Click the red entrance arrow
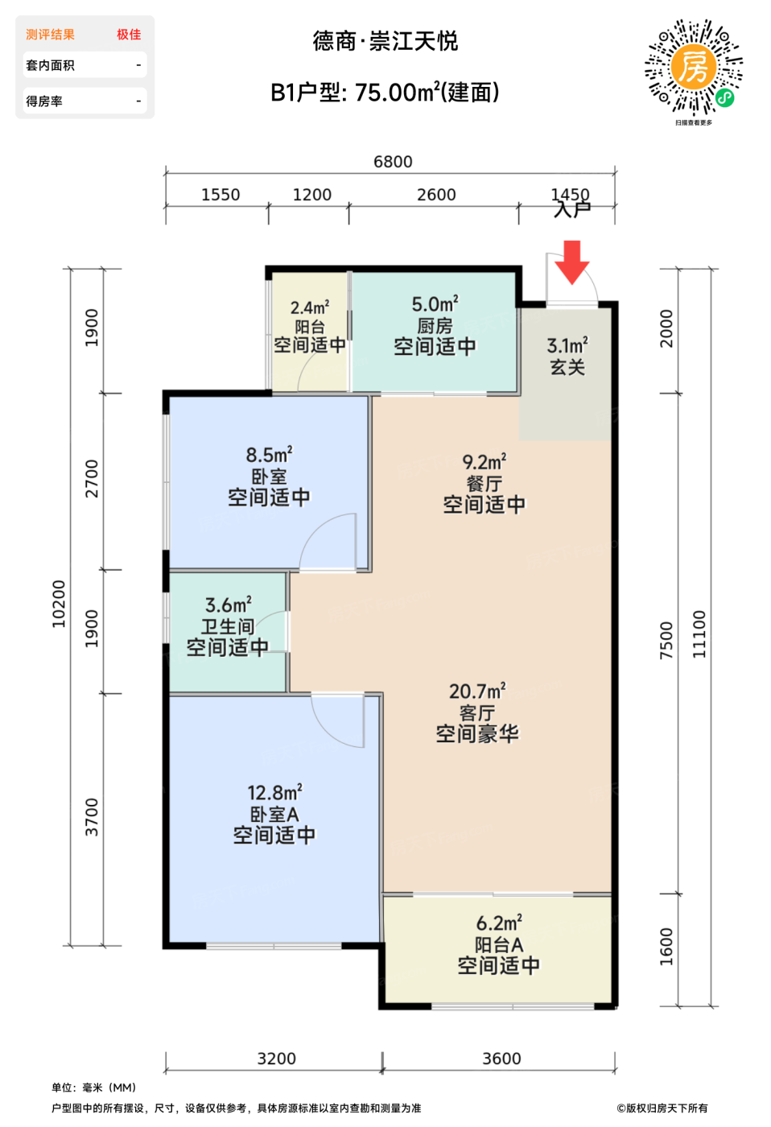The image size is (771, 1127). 572,262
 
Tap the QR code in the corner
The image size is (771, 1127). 694,68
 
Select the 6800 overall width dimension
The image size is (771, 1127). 393,162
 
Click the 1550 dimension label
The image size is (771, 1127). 221,195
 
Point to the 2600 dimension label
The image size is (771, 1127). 436,195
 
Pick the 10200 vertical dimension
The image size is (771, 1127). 59,604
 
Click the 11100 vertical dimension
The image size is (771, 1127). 699,634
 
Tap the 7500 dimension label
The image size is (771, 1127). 666,640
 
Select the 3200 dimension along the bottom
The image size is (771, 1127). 277,1059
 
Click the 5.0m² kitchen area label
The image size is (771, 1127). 435,304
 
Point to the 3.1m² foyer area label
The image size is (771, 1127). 567,345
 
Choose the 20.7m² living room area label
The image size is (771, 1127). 477,691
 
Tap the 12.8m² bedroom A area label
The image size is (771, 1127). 274,793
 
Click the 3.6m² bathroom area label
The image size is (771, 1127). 229,605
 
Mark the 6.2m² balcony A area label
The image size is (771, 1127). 499,923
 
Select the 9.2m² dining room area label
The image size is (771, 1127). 484,462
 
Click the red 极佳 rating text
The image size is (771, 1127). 129,34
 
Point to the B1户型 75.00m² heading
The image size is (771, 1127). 385,93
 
